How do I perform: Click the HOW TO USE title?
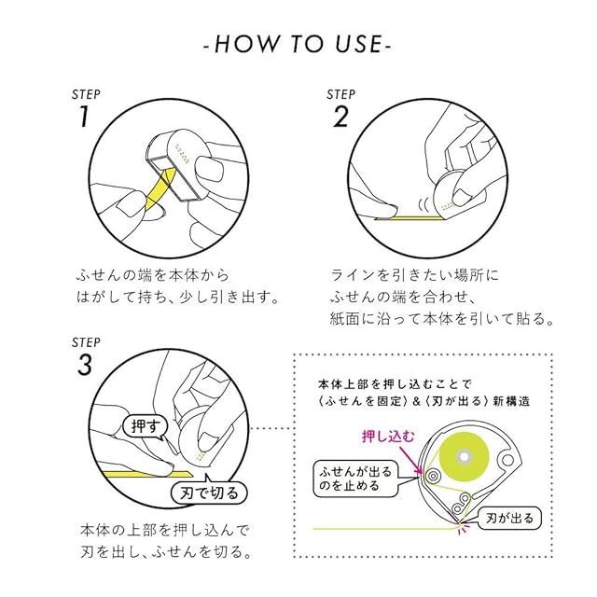pyautogui.click(x=298, y=44)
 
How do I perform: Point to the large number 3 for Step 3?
pyautogui.click(x=84, y=365)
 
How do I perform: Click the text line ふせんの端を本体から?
pyautogui.click(x=151, y=275)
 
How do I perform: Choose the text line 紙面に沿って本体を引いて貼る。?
pyautogui.click(x=443, y=319)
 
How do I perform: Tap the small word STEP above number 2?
pyautogui.click(x=340, y=94)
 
